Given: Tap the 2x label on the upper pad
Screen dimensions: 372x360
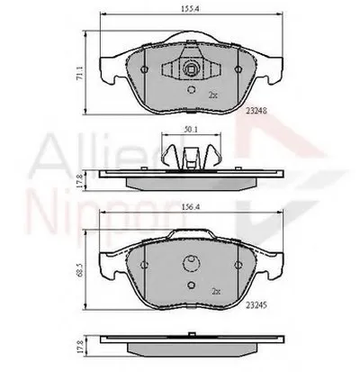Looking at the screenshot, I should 212,93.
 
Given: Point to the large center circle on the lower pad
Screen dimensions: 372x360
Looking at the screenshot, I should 191,267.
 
